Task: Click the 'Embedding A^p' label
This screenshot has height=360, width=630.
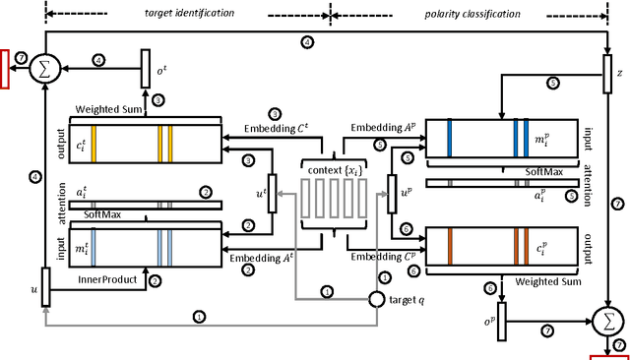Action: (378, 128)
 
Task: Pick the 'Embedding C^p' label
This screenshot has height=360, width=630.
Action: (378, 258)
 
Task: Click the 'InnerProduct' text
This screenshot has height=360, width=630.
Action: (105, 278)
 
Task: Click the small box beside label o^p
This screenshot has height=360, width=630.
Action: (500, 320)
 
